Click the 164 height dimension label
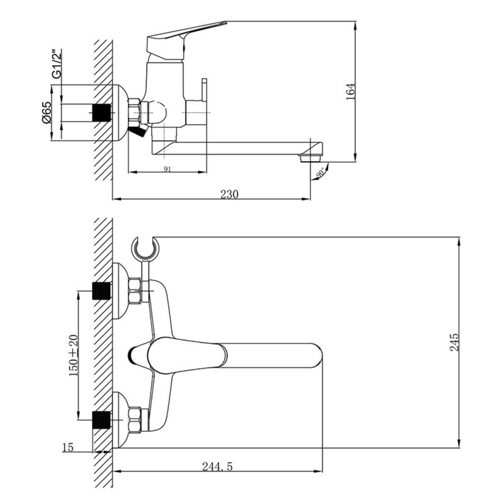coord(351,92)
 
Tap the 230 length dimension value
coord(229,194)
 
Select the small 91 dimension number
coord(168,169)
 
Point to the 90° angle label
coord(320,173)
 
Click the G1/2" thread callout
coord(57,64)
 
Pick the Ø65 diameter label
coord(47,113)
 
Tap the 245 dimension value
coord(454,342)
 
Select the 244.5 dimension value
coord(217,467)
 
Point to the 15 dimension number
coord(68,447)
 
